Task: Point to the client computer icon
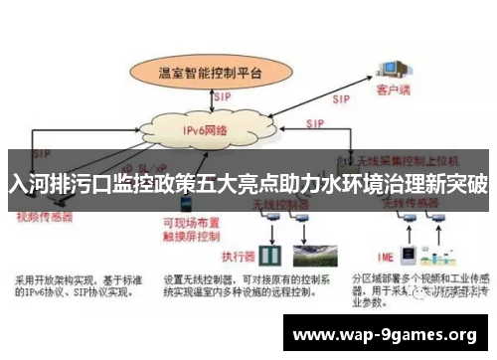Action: tap(389, 66)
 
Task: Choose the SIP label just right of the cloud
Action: tap(315, 123)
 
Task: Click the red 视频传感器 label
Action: tap(44, 215)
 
